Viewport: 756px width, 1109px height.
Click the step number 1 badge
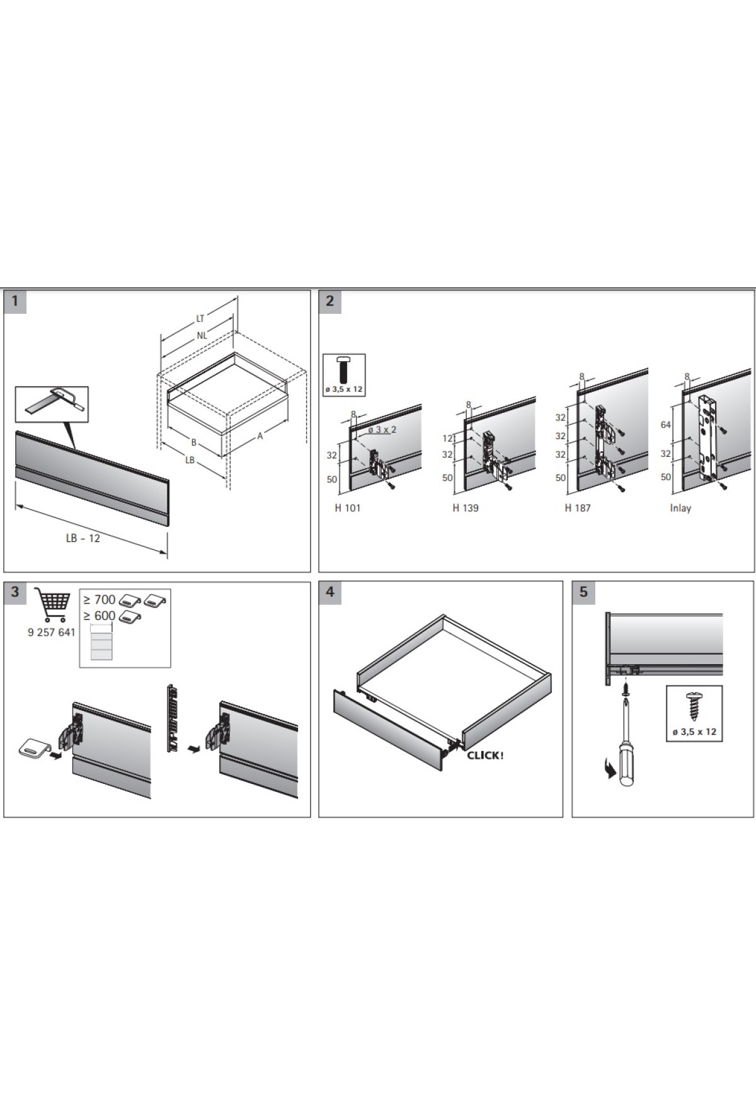tap(15, 301)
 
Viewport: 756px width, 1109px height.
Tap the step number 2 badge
tap(329, 301)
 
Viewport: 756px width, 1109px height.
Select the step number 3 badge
tap(15, 592)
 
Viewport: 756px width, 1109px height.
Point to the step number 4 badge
tap(329, 592)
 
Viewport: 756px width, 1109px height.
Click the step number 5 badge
tap(583, 592)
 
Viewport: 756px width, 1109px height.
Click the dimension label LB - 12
tap(83, 538)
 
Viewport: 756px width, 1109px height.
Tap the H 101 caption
tap(347, 508)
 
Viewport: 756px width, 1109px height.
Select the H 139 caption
tap(465, 508)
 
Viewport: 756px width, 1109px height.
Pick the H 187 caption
tap(577, 508)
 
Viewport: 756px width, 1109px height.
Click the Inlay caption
tap(680, 508)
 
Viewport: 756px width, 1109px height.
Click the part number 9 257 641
tap(51, 633)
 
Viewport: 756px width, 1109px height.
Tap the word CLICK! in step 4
tap(485, 756)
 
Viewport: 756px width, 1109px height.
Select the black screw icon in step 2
tap(344, 369)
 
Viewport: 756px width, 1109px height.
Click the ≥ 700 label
tap(100, 599)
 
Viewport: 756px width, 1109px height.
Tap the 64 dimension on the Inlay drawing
tap(666, 425)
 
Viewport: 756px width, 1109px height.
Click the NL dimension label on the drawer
tap(202, 336)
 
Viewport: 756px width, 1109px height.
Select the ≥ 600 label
tap(100, 616)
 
